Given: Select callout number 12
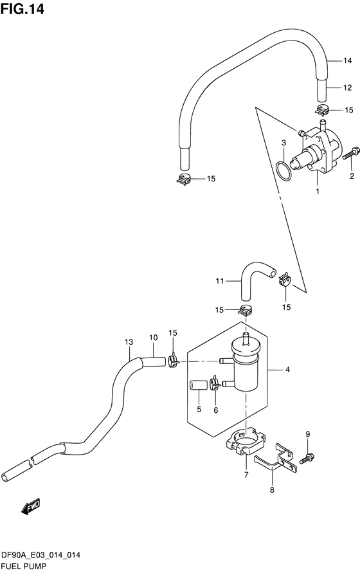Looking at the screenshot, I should click(x=347, y=87).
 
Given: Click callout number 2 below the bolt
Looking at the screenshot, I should click(x=352, y=176).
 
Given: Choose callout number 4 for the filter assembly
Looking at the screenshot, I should click(x=342, y=370).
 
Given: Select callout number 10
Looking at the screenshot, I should click(x=153, y=338).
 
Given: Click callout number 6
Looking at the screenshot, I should click(x=216, y=410).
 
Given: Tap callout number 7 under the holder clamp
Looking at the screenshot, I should click(x=245, y=475).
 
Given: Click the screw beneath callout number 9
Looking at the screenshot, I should click(x=307, y=458).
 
